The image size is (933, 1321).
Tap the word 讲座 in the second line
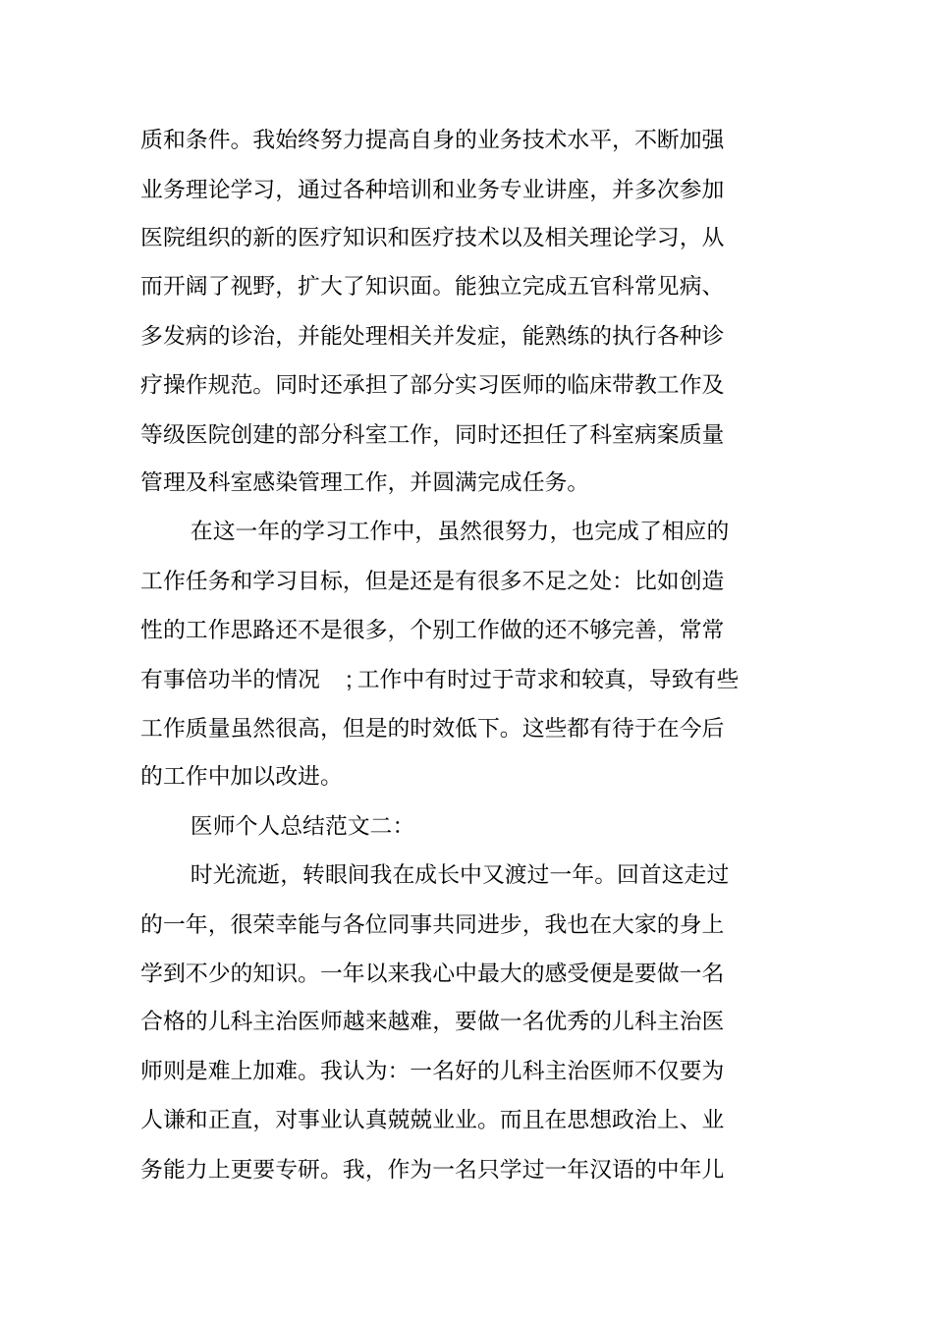point(570,188)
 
